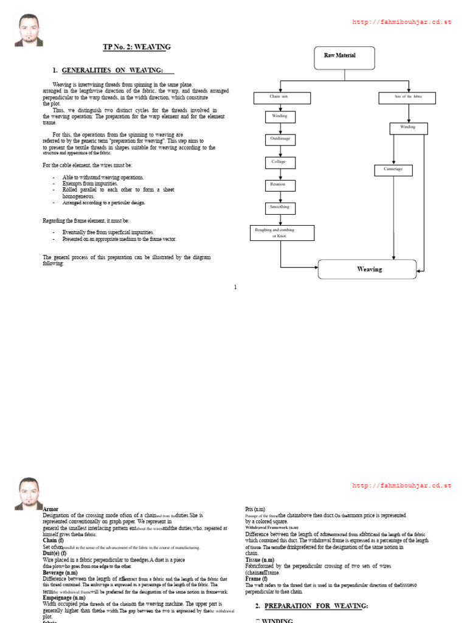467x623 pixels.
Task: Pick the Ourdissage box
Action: [280, 139]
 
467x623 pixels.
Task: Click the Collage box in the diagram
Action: [280, 162]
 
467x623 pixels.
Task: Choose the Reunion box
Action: [280, 185]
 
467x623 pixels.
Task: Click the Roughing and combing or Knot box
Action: [282, 232]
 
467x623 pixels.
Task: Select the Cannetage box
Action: [393, 170]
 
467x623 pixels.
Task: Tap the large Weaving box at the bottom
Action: [367, 269]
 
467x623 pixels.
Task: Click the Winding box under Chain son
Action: [280, 116]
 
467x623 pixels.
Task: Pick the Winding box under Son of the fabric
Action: [408, 128]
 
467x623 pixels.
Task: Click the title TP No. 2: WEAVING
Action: [137, 47]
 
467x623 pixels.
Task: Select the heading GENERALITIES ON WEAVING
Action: [112, 71]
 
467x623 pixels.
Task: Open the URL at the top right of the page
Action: [402, 23]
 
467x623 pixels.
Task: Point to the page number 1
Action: [235, 287]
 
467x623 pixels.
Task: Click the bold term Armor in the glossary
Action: [51, 509]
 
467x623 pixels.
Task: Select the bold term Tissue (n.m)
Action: [260, 560]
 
